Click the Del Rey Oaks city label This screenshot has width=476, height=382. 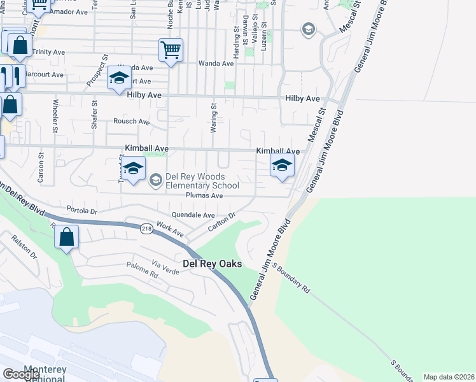click(x=213, y=264)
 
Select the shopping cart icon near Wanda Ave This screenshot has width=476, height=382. click(x=171, y=50)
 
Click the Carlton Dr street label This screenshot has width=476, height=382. click(x=222, y=223)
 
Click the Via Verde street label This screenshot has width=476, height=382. click(x=165, y=267)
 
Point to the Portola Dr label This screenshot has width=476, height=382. click(x=81, y=210)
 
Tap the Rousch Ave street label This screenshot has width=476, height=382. click(x=131, y=121)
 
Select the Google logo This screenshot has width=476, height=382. click(x=21, y=374)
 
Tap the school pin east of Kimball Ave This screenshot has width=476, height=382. click(x=282, y=166)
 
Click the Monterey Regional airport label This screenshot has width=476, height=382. click(x=45, y=374)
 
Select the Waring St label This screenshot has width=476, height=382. click(x=214, y=118)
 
